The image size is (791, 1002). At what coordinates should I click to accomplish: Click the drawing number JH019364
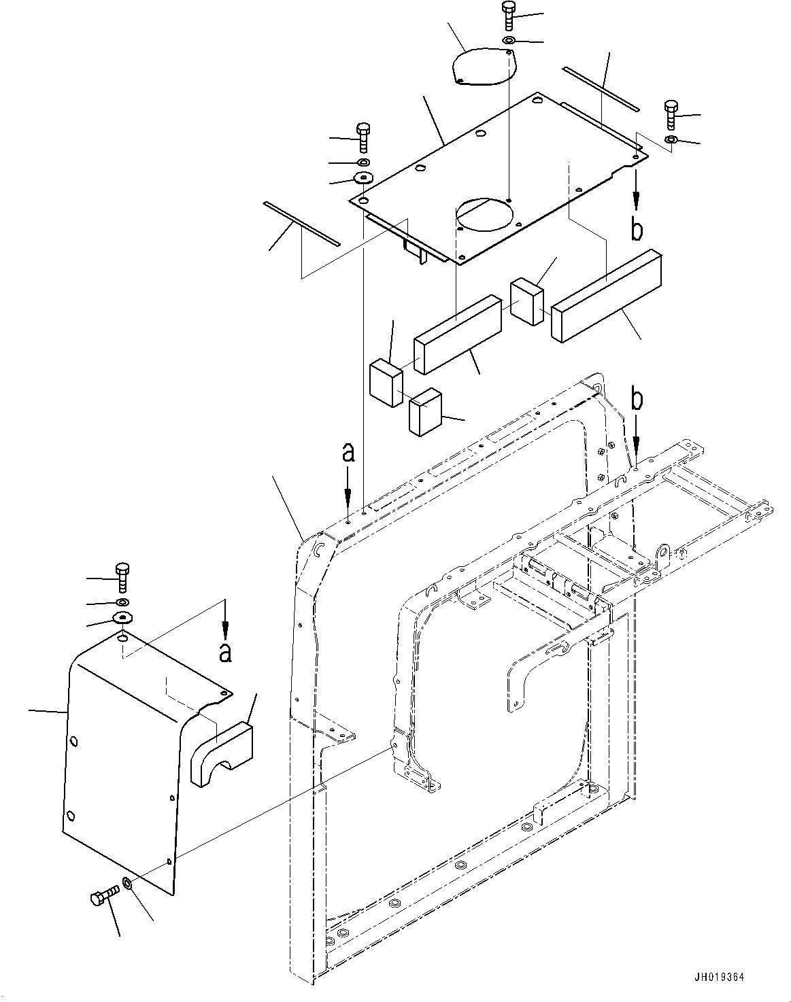720,977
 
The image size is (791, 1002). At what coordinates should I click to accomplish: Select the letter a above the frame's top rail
348,452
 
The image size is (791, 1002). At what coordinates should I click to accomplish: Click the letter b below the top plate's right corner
636,230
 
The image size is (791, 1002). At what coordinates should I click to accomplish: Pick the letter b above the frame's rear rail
636,400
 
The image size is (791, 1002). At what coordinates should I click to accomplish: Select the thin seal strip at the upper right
601,88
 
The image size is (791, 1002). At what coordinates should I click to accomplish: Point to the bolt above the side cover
122,578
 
